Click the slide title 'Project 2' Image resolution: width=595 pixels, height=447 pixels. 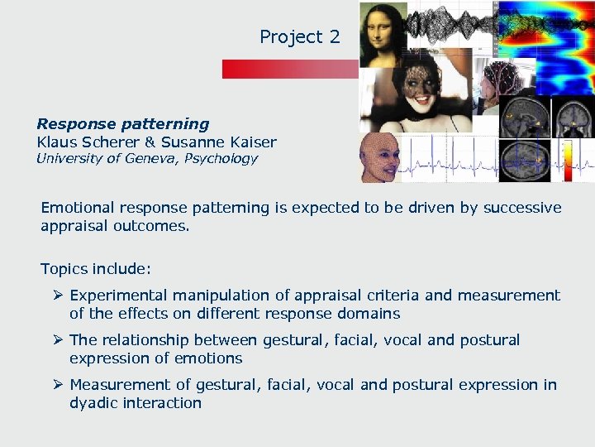click(x=299, y=37)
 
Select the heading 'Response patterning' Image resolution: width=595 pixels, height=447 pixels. click(x=123, y=124)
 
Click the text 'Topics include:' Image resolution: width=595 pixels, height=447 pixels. click(x=96, y=269)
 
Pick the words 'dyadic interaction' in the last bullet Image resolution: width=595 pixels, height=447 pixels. click(x=136, y=403)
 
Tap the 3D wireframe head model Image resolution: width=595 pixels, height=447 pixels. click(x=380, y=157)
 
